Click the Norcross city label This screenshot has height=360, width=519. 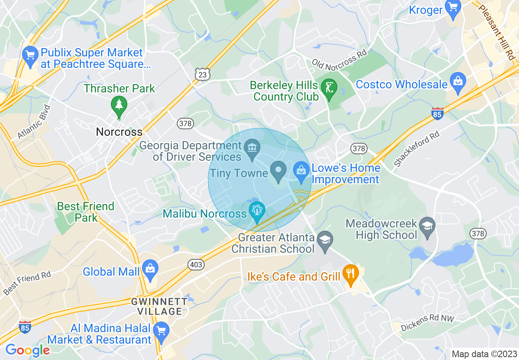coord(119,132)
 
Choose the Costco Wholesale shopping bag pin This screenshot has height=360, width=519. coord(458,81)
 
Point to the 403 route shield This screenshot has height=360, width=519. coord(196,265)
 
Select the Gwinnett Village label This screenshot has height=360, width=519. coord(159,306)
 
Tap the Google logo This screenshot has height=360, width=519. coord(27,350)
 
